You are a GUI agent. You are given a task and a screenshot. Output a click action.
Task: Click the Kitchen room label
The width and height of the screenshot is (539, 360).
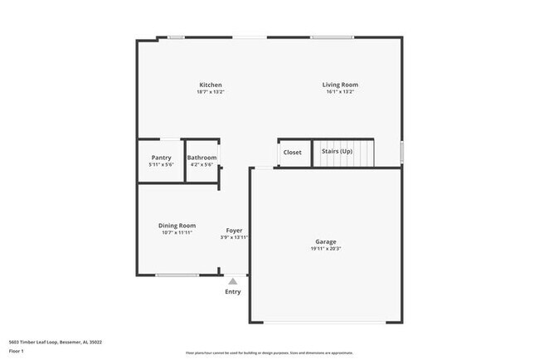tap(210, 85)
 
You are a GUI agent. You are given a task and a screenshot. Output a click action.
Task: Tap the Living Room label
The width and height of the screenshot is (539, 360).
tap(340, 85)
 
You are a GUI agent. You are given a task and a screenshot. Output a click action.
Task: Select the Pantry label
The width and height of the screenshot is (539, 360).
tap(161, 158)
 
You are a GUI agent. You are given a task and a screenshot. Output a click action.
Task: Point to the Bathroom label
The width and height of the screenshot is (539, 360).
tap(202, 158)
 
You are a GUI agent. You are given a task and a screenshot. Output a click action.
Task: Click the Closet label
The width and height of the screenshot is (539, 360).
tap(293, 153)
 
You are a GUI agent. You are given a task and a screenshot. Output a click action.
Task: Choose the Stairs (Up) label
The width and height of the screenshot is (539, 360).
tap(337, 153)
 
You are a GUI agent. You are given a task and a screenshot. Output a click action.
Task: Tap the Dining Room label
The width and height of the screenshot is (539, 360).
tap(177, 226)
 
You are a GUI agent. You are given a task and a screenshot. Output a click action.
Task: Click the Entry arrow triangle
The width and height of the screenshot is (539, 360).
tap(233, 282)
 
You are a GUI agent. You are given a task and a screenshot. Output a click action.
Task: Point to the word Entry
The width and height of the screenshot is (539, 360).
tap(233, 291)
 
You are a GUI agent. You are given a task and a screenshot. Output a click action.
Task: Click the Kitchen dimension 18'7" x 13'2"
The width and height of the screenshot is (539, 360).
tap(210, 92)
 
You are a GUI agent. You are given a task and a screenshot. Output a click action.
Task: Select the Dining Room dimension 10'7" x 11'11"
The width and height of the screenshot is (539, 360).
tap(177, 233)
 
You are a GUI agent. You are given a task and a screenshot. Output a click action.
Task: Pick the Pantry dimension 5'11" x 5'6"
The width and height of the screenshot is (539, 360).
tap(161, 164)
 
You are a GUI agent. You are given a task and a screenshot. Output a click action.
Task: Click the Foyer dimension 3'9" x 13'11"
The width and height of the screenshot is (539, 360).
tap(235, 237)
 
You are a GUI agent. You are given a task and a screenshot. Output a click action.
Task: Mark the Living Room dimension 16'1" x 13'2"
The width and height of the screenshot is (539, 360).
tap(340, 92)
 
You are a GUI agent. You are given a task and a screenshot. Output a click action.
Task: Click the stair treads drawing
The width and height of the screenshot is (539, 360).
tap(342, 153)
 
